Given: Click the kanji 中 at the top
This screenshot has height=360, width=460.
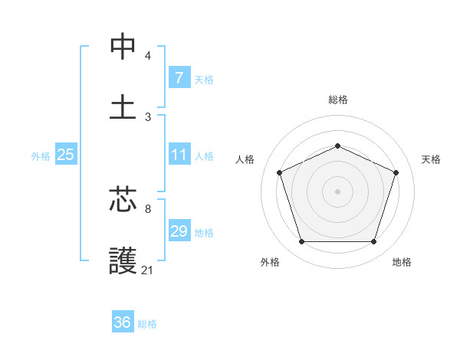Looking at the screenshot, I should pos(123,47).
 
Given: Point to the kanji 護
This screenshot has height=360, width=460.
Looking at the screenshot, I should pos(123,260).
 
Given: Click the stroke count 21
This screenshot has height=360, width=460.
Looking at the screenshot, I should pos(148,270).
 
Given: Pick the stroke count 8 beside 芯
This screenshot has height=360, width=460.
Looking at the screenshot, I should pos(148,208).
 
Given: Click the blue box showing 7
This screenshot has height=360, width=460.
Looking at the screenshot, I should pos(179,78).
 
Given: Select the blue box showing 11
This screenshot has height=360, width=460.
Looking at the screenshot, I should pos(179,155).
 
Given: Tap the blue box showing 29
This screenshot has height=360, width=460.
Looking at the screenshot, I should pos(179,231).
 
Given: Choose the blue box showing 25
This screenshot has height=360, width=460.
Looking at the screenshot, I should pos(65,155).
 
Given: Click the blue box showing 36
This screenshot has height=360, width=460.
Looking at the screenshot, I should pos(123,322).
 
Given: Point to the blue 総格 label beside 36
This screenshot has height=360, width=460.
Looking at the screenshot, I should pos(147,324).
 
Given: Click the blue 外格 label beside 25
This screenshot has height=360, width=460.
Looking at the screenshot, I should pos(41,156).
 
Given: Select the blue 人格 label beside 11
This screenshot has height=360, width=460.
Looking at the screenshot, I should pos(204,156).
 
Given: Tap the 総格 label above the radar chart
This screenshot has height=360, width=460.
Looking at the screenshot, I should pos(337,100).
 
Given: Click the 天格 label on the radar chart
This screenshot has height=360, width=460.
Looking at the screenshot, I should pos(432,159).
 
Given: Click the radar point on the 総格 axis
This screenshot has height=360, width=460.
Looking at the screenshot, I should pos(337,145).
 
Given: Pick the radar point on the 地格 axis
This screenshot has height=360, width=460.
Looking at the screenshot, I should pos(373,241).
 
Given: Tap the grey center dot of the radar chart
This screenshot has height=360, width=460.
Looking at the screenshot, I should pos(337,191).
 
